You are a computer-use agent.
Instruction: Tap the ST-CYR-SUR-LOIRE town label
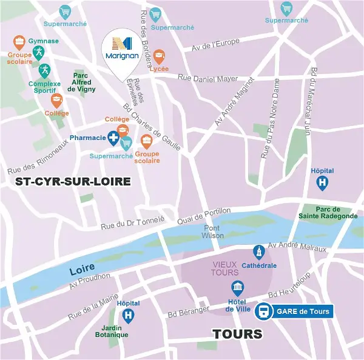tap(73, 181)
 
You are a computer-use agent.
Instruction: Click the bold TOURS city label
tap(237, 334)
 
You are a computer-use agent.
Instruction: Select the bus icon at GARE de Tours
tap(264, 312)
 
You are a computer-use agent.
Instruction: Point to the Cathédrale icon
tap(259, 252)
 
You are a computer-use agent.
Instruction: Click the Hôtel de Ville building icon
tap(238, 288)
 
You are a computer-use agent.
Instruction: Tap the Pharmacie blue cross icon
tap(113, 138)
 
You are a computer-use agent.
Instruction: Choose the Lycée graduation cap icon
tap(159, 57)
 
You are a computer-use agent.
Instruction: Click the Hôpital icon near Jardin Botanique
tap(128, 315)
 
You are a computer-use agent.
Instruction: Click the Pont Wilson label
tap(213, 232)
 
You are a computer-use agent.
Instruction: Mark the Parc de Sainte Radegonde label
tap(328, 212)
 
